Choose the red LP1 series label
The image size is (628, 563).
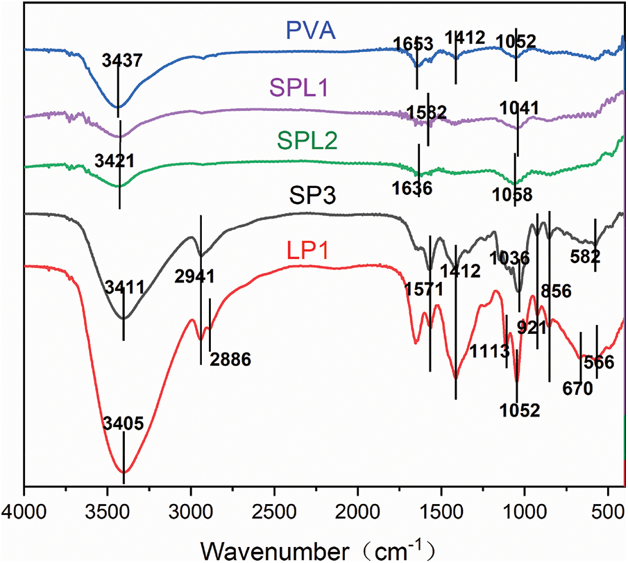click(307, 249)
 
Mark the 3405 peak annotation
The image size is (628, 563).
click(123, 423)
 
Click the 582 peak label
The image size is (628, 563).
click(584, 257)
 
